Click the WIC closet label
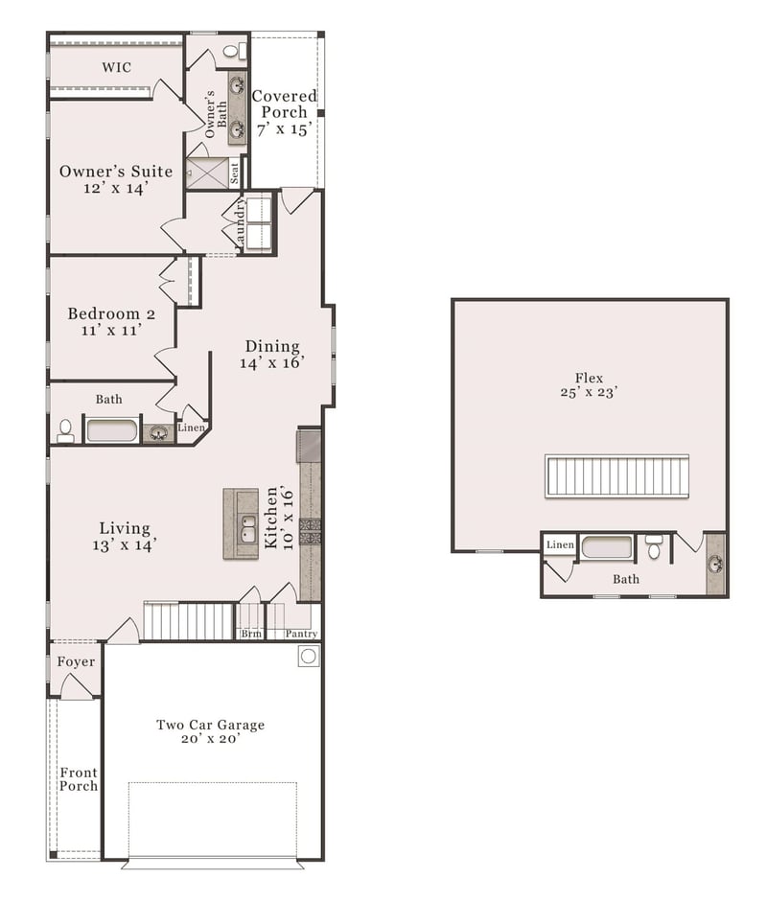[x=116, y=67]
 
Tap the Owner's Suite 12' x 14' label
[x=116, y=179]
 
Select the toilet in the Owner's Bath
[x=232, y=51]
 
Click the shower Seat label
[x=234, y=173]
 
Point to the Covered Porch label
[x=284, y=113]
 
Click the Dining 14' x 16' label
[x=272, y=354]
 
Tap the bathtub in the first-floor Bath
[x=112, y=431]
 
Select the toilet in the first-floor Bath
[x=65, y=431]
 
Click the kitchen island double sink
[x=248, y=528]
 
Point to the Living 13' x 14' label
[x=125, y=536]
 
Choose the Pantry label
[x=301, y=634]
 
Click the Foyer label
[x=76, y=662]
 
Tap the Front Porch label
[x=79, y=779]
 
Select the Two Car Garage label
[x=210, y=731]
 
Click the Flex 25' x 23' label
[x=589, y=385]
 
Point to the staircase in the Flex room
[x=616, y=475]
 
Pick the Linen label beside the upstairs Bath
[x=560, y=544]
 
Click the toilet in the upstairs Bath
[x=654, y=546]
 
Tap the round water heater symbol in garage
[x=309, y=656]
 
